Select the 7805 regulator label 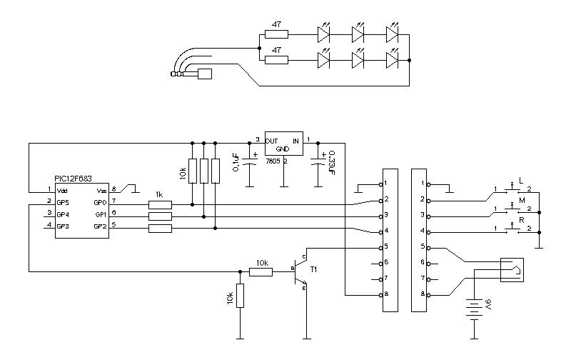point(273,161)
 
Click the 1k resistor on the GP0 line point(161,204)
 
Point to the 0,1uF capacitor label point(236,157)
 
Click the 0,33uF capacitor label point(332,161)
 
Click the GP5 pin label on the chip point(63,203)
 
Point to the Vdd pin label point(62,191)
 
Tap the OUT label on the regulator point(271,141)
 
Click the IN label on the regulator point(295,141)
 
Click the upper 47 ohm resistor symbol point(276,34)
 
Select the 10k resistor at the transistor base point(261,271)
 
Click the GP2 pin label point(100,226)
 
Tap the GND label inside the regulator point(283,149)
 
